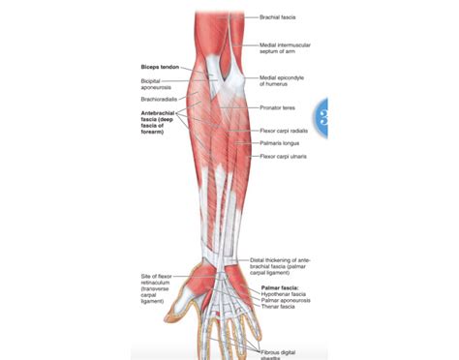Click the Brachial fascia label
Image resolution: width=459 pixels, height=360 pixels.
[x=279, y=16]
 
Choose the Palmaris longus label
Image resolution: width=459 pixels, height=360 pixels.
[x=280, y=143]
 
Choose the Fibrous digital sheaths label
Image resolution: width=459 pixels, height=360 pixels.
[x=282, y=353]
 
